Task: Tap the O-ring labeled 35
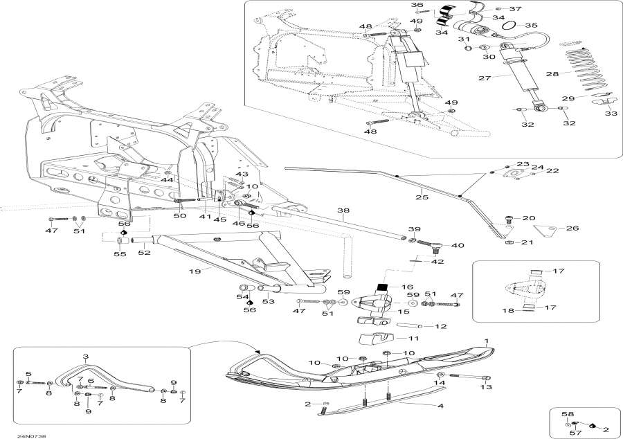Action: click(x=509, y=26)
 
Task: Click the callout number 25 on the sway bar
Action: click(x=417, y=198)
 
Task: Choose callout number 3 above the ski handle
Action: click(x=85, y=357)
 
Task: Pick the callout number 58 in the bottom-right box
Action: click(x=568, y=413)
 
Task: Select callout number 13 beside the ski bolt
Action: click(x=487, y=388)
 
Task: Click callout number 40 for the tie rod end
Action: click(x=458, y=245)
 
